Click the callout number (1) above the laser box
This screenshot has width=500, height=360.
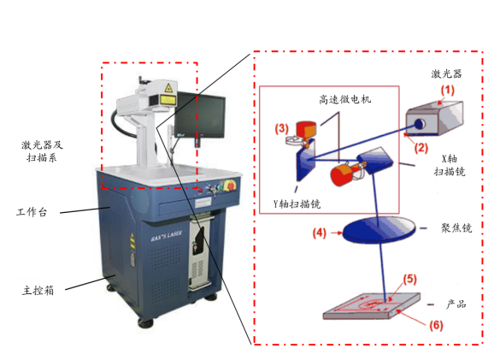click(x=447, y=91)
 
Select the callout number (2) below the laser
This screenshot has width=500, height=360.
click(x=421, y=148)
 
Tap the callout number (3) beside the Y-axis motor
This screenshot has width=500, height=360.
click(x=281, y=128)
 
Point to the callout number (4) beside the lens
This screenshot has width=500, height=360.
click(x=320, y=233)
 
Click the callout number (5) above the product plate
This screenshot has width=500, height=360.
click(x=409, y=279)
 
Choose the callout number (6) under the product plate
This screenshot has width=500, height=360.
click(x=436, y=325)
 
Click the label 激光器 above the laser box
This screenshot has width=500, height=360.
click(x=446, y=74)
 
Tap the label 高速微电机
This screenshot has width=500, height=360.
click(x=345, y=99)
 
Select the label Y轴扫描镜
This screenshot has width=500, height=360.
click(x=297, y=204)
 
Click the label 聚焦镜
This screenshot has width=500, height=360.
click(x=456, y=227)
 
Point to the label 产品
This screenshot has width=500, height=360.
click(x=456, y=304)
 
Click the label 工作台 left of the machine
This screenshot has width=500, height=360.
click(x=32, y=212)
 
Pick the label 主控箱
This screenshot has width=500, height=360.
click(x=38, y=291)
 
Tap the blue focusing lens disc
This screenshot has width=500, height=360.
click(x=379, y=230)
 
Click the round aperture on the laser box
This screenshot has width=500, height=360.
click(x=420, y=123)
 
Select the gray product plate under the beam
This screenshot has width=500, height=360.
click(x=372, y=306)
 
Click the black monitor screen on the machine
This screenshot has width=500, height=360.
click(x=200, y=115)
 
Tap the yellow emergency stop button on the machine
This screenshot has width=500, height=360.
click(x=230, y=186)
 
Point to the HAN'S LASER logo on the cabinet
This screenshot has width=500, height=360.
click(x=167, y=235)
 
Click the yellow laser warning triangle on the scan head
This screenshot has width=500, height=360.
click(x=168, y=88)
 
